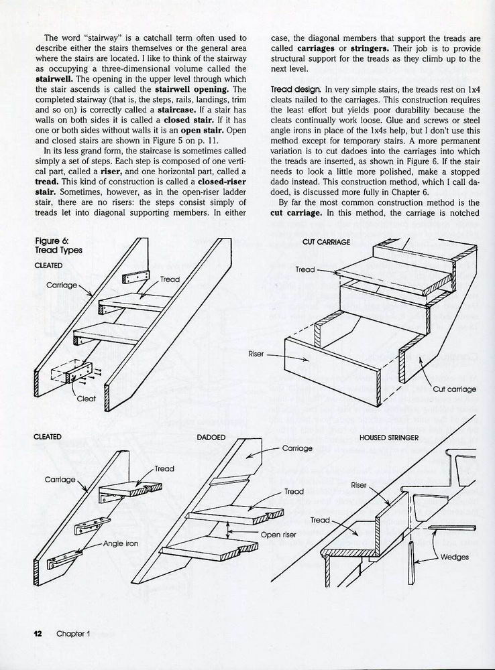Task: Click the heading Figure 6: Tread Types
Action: pyautogui.click(x=58, y=245)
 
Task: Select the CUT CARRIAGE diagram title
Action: pyautogui.click(x=326, y=242)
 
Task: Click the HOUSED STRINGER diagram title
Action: pyautogui.click(x=389, y=437)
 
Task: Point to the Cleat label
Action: pyautogui.click(x=86, y=399)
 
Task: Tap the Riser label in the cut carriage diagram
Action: pyautogui.click(x=256, y=353)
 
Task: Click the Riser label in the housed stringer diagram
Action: pyautogui.click(x=358, y=484)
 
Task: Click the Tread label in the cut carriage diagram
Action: pyautogui.click(x=305, y=269)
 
